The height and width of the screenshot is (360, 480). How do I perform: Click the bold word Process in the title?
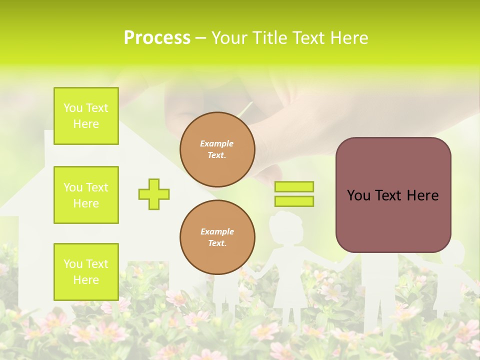(157, 38)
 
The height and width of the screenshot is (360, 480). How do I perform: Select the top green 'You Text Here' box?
(86, 116)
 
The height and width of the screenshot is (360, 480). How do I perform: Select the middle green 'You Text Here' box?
(86, 195)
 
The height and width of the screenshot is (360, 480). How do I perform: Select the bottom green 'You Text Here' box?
(86, 271)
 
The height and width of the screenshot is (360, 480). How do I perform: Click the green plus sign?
(154, 194)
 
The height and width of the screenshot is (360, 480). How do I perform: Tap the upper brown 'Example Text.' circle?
(217, 149)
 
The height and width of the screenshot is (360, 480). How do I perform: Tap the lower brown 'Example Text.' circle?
(217, 237)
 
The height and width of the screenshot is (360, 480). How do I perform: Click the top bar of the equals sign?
(294, 186)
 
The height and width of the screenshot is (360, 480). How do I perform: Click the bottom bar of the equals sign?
(294, 201)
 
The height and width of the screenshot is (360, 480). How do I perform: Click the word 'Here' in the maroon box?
(422, 195)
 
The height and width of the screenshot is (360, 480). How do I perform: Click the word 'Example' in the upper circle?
(217, 143)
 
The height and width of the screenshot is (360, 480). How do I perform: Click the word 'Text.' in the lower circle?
(217, 243)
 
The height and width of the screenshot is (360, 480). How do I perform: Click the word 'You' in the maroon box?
(358, 195)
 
